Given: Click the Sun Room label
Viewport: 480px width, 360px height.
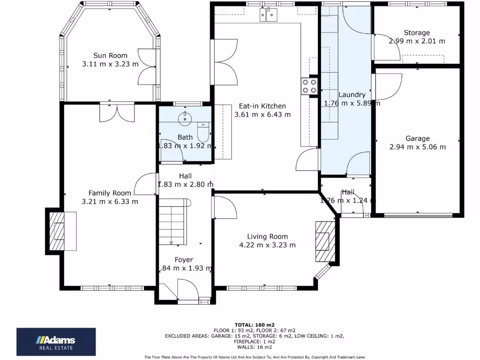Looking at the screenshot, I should point(110,55).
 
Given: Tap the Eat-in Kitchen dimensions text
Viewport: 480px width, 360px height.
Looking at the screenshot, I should point(262,114).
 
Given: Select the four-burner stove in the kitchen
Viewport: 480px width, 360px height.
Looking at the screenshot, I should point(309,86).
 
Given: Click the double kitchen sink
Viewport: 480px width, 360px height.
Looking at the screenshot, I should point(269,15).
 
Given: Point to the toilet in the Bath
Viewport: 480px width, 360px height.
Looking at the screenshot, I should point(203,132).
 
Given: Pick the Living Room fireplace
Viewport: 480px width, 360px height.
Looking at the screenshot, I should point(323,240).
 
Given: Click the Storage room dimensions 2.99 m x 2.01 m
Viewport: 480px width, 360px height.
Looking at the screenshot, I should point(417,41).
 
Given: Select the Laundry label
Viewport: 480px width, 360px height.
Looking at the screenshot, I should point(352,95).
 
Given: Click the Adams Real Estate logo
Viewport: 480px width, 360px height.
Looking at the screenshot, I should point(56,342).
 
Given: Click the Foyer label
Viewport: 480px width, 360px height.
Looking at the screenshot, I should point(184,260).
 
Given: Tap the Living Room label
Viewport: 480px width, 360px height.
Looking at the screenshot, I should point(267,237).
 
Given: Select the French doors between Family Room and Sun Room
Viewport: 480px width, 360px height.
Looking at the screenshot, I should point(117,112).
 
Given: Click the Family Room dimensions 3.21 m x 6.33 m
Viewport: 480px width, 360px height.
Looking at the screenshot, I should point(110,202).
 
